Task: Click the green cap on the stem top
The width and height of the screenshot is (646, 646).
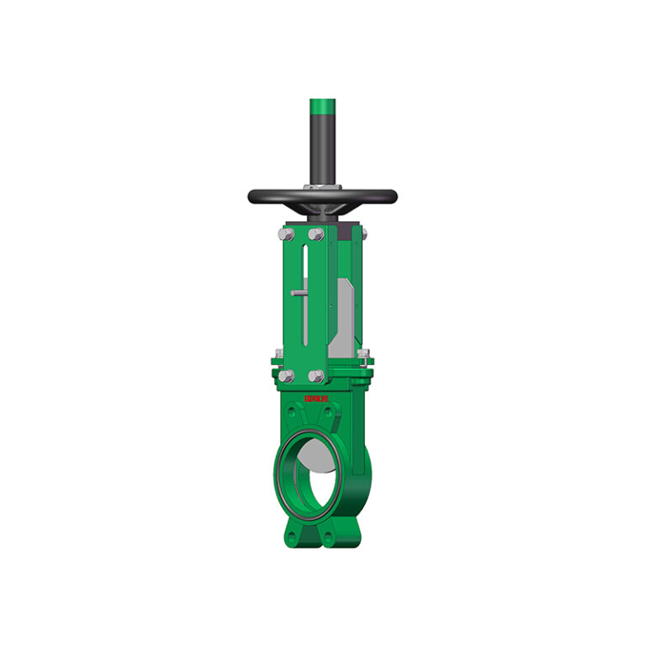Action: tap(322, 107)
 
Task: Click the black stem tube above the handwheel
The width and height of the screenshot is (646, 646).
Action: tap(322, 147)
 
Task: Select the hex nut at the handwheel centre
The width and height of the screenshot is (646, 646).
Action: tap(322, 187)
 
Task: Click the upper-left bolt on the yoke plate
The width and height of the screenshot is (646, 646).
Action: tap(286, 233)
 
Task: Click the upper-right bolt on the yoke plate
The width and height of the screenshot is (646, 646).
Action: tap(316, 233)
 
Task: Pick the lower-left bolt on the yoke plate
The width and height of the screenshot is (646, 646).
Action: tap(286, 376)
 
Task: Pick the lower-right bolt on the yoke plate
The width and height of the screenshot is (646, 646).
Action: tap(316, 376)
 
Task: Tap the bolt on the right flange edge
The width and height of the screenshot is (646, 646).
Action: tap(363, 354)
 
